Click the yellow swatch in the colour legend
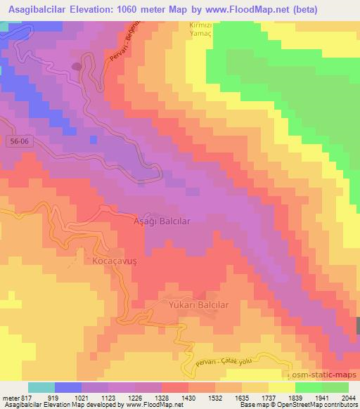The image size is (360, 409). coord(283,387)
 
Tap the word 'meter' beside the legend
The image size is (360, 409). coord(9,397)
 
